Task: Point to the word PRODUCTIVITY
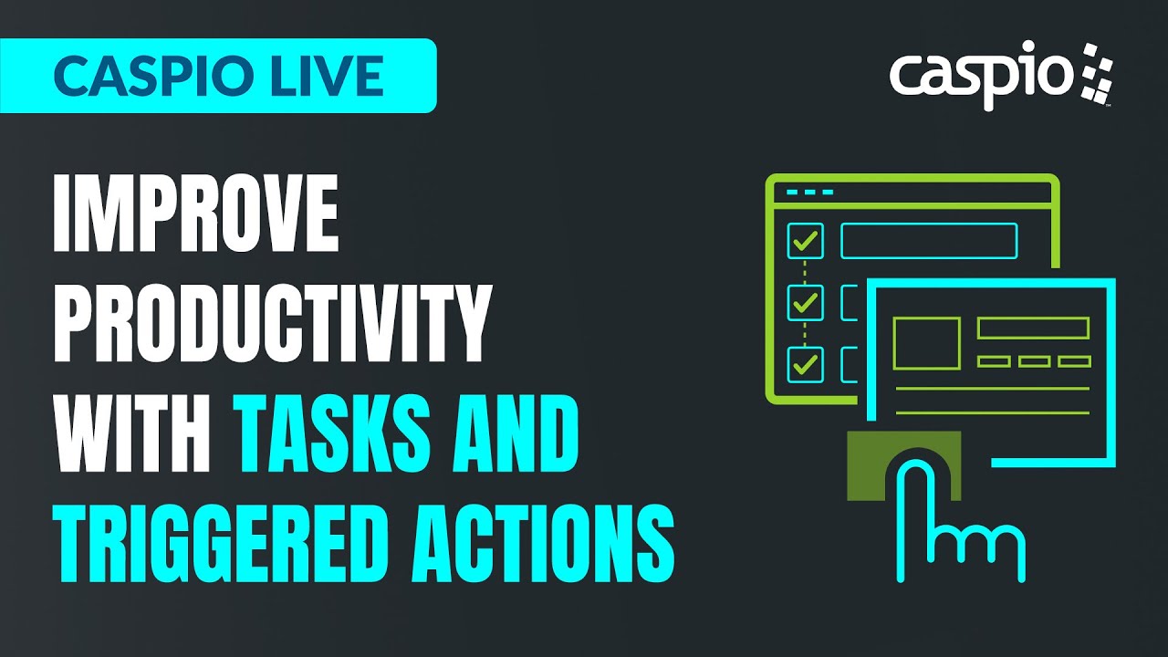coord(272,322)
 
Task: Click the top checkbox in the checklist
coord(805,241)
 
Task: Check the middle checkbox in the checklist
coord(805,302)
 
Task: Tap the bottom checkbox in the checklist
coord(805,364)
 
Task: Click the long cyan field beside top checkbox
coord(928,241)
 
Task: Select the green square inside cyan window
coord(926,343)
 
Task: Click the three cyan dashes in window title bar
coord(809,193)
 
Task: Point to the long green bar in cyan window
coord(1033,328)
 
